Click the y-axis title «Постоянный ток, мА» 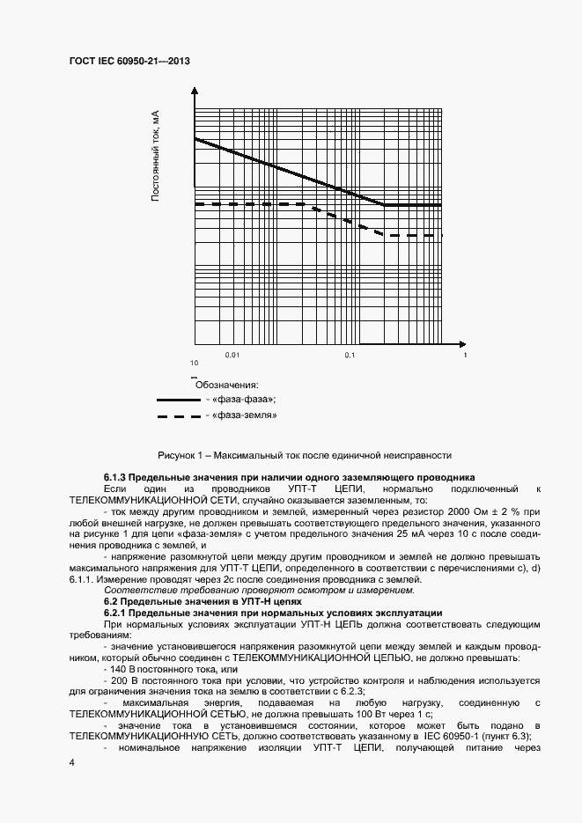(x=155, y=157)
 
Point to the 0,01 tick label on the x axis (x=232, y=355)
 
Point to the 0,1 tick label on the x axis (x=350, y=355)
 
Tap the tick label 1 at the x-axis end (x=465, y=355)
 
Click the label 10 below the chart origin (x=193, y=364)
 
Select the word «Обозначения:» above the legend (x=226, y=385)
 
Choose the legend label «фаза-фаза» (x=244, y=400)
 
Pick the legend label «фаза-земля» (x=246, y=415)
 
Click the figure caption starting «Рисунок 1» (x=305, y=455)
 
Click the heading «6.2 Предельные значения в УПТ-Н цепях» (x=203, y=601)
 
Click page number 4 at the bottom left (x=71, y=762)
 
